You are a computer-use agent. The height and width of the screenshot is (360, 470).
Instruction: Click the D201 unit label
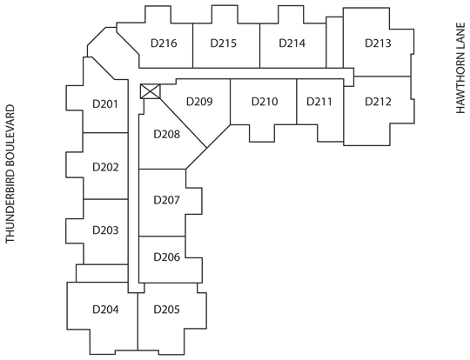pyautogui.click(x=105, y=104)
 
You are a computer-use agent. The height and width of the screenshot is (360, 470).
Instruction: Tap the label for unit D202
pyautogui.click(x=105, y=167)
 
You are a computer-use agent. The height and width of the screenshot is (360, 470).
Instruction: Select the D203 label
pyautogui.click(x=105, y=230)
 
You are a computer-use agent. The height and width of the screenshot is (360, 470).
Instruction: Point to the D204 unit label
pyautogui.click(x=105, y=309)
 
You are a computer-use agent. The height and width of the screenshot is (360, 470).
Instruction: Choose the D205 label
pyautogui.click(x=166, y=309)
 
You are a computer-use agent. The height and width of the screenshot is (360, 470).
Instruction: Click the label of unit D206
pyautogui.click(x=166, y=257)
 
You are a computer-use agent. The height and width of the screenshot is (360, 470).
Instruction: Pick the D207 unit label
pyautogui.click(x=166, y=200)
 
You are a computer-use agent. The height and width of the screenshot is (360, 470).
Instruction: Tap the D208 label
pyautogui.click(x=166, y=134)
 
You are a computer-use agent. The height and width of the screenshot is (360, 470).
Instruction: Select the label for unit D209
pyautogui.click(x=199, y=102)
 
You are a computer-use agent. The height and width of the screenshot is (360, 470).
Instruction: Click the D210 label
pyautogui.click(x=265, y=102)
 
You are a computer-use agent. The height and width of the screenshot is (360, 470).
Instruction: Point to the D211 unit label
pyautogui.click(x=319, y=102)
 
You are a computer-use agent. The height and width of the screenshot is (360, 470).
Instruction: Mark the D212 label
pyautogui.click(x=378, y=102)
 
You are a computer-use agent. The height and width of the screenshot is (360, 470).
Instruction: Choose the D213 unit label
pyautogui.click(x=378, y=43)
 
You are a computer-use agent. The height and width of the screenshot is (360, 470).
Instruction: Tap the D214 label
pyautogui.click(x=292, y=43)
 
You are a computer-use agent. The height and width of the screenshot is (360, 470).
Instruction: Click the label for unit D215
pyautogui.click(x=224, y=43)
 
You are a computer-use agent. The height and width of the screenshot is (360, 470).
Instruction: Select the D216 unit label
pyautogui.click(x=164, y=43)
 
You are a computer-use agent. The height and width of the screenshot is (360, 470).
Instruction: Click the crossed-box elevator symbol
pyautogui.click(x=151, y=91)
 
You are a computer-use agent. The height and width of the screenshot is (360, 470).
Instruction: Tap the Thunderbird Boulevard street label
pyautogui.click(x=10, y=174)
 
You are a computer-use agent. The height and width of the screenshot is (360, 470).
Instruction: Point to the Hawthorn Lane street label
pyautogui.click(x=460, y=68)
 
